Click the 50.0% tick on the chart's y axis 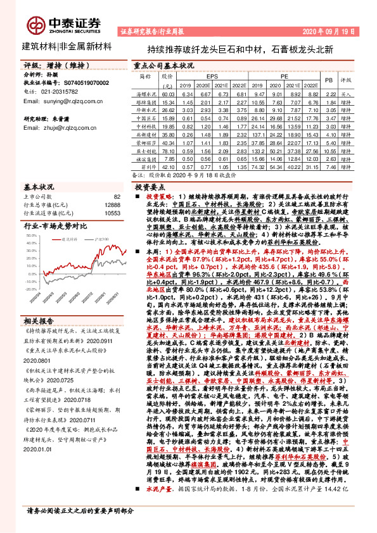[x=30, y=235]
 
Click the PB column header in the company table [x=329, y=80]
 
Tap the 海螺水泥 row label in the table [x=147, y=93]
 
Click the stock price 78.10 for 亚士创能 [x=168, y=151]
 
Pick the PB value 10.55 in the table [x=329, y=151]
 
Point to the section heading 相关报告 [x=40, y=320]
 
